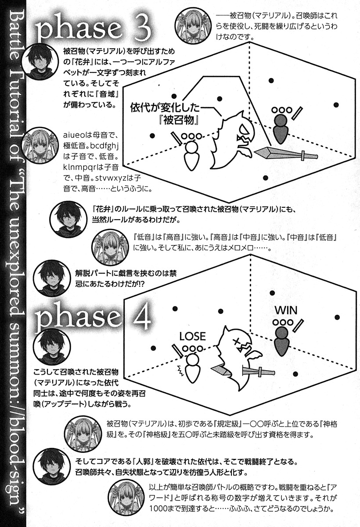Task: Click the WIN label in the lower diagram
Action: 286,310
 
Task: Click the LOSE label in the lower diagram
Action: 193,336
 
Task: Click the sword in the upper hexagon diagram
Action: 287,153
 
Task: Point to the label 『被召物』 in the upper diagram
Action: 179,121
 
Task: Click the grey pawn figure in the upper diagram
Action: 280,129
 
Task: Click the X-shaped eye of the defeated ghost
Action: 236,341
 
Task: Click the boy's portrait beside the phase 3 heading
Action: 40,62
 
